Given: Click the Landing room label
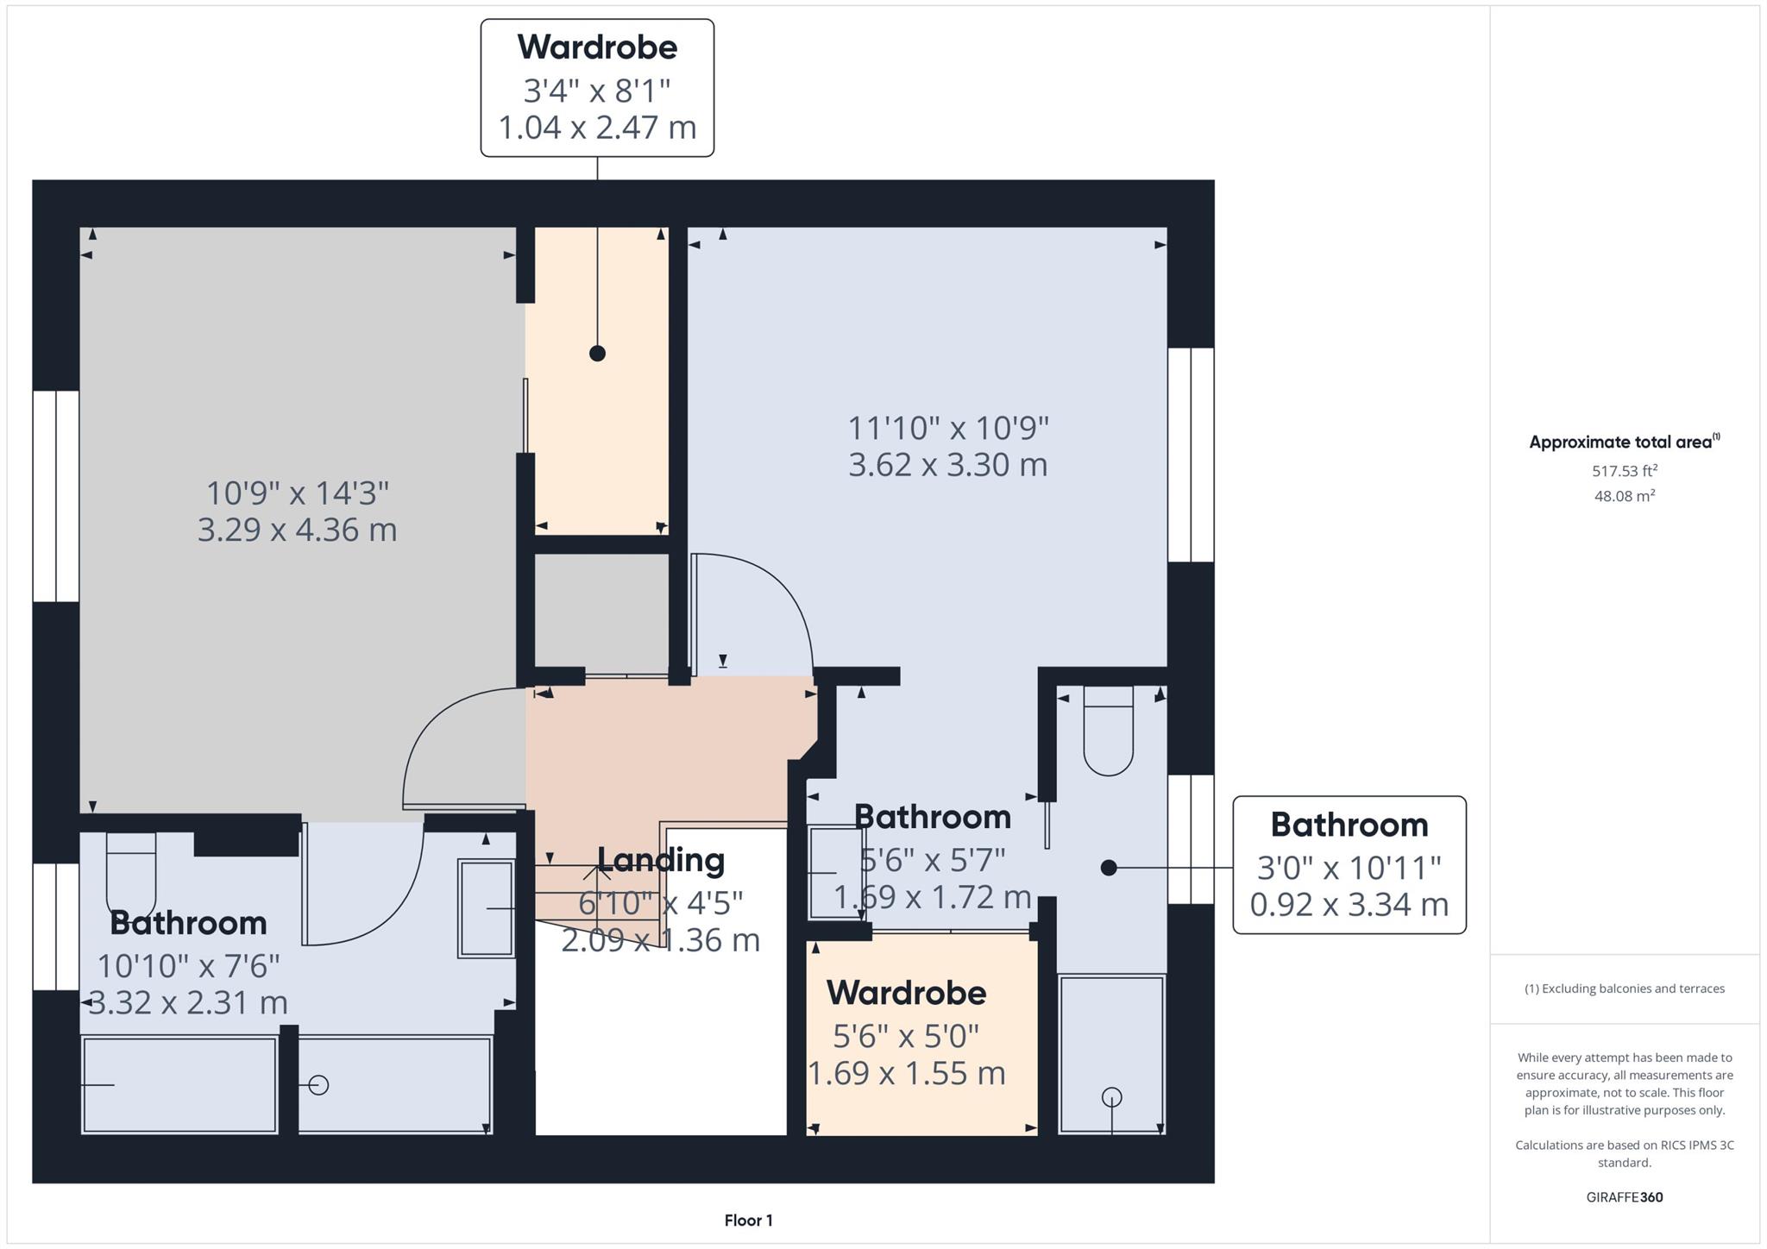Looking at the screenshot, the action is (x=661, y=860).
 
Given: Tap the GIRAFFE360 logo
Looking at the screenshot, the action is (x=1625, y=1197).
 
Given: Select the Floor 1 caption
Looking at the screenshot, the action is (x=749, y=1221).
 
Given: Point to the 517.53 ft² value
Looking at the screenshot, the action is (x=1625, y=471).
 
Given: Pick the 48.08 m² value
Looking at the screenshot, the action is (x=1625, y=496).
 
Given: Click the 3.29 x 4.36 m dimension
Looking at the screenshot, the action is (x=298, y=530).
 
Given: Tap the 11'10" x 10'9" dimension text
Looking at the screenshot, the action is (x=948, y=428).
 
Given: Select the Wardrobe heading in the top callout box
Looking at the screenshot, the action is (x=597, y=47).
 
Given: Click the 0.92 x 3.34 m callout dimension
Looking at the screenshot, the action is (x=1349, y=904).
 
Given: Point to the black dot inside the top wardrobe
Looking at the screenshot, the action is (x=597, y=354).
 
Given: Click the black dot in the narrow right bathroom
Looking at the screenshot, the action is (x=1110, y=868).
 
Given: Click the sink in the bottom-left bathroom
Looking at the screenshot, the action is (x=487, y=908).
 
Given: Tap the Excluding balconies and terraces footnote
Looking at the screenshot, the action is (x=1625, y=989).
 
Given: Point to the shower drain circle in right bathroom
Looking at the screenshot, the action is (x=1112, y=1097).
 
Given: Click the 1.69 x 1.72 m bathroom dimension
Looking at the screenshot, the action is (x=933, y=898).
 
